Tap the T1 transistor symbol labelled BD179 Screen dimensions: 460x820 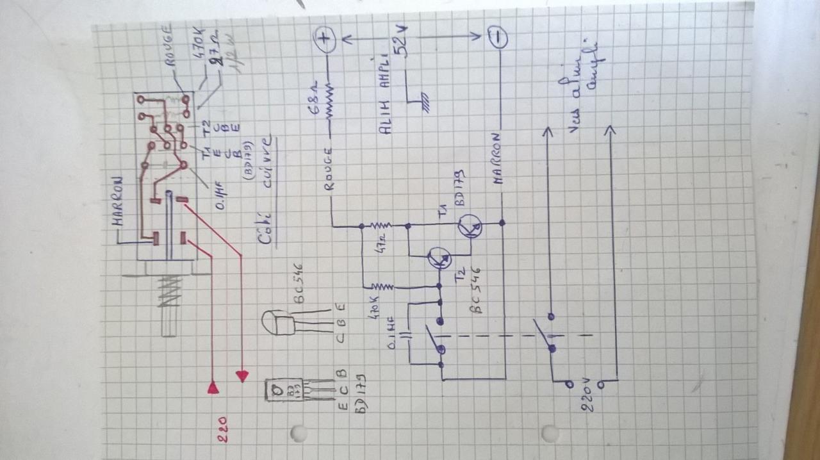[470, 226]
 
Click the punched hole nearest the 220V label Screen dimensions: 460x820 [549, 434]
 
